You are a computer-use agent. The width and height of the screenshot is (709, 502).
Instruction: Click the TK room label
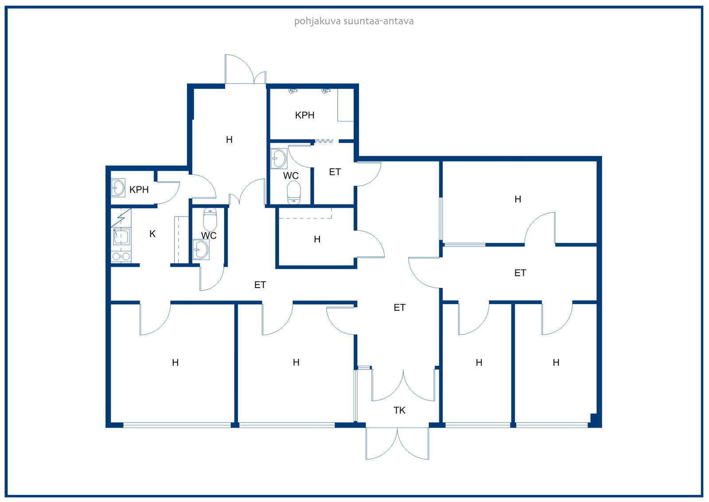point(399,411)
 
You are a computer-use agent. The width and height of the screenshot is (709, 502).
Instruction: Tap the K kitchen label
point(152,234)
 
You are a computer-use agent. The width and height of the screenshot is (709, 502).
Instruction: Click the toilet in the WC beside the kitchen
point(210,219)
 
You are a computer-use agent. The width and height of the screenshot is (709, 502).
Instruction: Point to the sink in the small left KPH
point(118,188)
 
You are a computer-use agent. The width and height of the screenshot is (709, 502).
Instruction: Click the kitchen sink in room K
point(121,237)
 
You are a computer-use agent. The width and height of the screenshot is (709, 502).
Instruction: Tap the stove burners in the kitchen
point(121,256)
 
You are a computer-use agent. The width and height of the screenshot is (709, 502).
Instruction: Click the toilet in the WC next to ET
point(294,193)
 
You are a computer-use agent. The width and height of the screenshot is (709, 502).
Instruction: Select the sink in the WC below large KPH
point(279,158)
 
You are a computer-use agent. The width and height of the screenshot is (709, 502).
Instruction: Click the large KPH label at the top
point(304,115)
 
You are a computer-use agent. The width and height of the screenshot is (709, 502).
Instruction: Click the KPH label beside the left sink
point(139,190)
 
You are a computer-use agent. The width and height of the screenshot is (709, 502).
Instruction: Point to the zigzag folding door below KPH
point(324,141)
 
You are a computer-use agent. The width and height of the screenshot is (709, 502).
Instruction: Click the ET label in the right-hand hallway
point(520,273)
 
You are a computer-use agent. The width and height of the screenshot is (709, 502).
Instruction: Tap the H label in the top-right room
point(518,199)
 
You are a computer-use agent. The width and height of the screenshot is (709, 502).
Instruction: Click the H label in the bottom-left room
point(175,363)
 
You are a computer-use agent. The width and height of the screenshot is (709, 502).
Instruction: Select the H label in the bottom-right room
point(556,363)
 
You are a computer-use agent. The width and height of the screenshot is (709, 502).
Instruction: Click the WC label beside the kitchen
point(209,236)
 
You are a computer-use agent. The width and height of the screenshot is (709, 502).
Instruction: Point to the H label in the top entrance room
point(229,139)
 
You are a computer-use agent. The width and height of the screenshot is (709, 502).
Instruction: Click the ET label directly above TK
point(399,307)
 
